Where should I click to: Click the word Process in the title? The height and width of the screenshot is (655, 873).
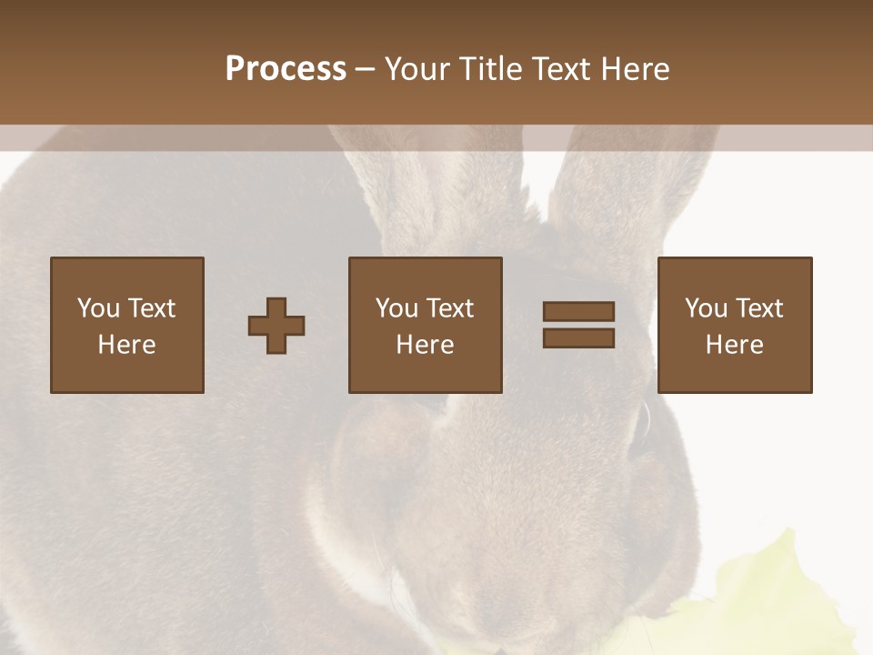[x=286, y=69]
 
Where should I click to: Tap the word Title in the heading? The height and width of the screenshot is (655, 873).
[x=494, y=69]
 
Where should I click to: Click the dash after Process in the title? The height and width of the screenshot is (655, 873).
[x=366, y=70]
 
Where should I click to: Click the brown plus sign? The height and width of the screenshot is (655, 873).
[x=276, y=326]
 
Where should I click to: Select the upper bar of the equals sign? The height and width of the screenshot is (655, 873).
[x=578, y=311]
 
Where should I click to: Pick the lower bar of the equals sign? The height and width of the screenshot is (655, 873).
[x=578, y=338]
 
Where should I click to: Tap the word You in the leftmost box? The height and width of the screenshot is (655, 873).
[x=98, y=308]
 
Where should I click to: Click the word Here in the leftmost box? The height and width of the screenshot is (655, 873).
[x=126, y=345]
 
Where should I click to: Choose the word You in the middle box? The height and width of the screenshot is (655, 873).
[x=396, y=308]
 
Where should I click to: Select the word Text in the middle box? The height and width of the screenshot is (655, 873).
[x=449, y=308]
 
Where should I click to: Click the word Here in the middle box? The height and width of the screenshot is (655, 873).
[x=425, y=345]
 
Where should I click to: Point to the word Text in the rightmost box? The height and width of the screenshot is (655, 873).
[x=758, y=308]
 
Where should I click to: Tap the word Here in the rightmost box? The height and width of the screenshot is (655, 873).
[x=734, y=345]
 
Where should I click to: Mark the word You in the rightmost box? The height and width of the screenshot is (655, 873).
[x=706, y=308]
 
